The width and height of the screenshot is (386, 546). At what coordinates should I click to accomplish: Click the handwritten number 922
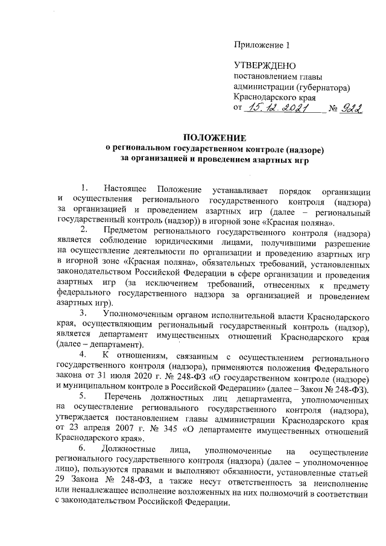(x=350, y=109)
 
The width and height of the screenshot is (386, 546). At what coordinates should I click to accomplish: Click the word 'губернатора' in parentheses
(x=319, y=87)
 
